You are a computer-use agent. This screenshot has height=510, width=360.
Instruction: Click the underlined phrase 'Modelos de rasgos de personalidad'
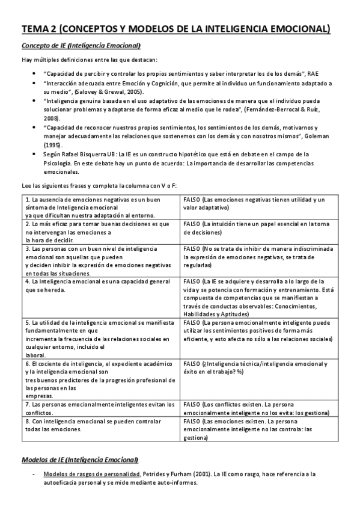pyautogui.click(x=81, y=475)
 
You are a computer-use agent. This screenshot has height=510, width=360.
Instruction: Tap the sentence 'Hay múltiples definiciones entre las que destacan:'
pyautogui.click(x=81, y=60)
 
